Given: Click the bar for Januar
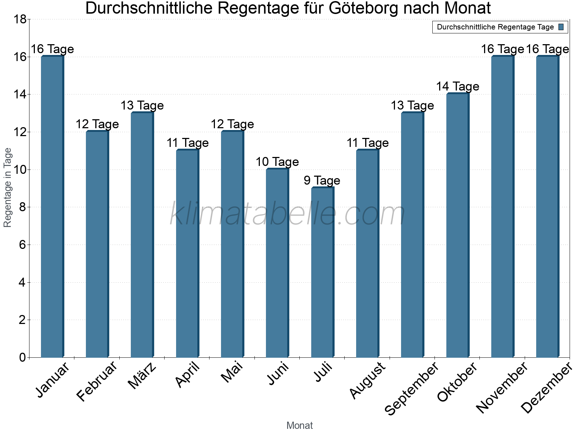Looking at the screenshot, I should [52, 207].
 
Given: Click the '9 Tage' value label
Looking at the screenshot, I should [322, 180].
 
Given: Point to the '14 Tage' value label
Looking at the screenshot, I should [457, 87].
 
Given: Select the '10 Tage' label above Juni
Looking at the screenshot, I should [277, 162].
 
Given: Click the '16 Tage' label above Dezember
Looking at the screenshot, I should [547, 49].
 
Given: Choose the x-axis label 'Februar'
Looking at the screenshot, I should [97, 381].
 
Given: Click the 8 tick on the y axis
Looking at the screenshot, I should [22, 207].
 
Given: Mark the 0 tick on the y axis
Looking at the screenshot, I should [22, 357].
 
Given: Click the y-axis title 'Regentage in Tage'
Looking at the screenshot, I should [8, 187].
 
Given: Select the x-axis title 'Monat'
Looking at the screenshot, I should [299, 425].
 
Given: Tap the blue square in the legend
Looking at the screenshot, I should [561, 27].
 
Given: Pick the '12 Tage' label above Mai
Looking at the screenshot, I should [232, 124].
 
